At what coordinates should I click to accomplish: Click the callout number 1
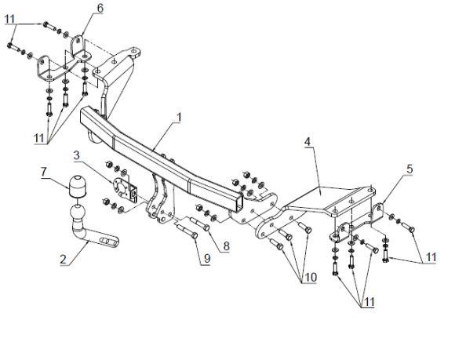(179, 118)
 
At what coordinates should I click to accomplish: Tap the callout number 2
(64, 259)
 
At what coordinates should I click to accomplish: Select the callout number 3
(77, 155)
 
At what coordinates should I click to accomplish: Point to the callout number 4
(308, 141)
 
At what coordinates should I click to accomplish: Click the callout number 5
(410, 169)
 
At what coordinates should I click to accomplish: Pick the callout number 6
(100, 8)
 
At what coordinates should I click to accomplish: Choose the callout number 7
(44, 172)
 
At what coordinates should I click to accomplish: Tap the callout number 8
(227, 246)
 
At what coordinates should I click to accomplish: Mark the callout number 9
(207, 258)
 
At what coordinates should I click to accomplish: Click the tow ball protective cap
(77, 186)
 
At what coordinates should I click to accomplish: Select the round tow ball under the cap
(78, 213)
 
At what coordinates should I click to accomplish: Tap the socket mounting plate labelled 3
(124, 188)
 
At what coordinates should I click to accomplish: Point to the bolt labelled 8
(200, 224)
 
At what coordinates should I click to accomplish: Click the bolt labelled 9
(187, 231)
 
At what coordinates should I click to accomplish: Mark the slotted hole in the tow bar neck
(108, 241)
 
